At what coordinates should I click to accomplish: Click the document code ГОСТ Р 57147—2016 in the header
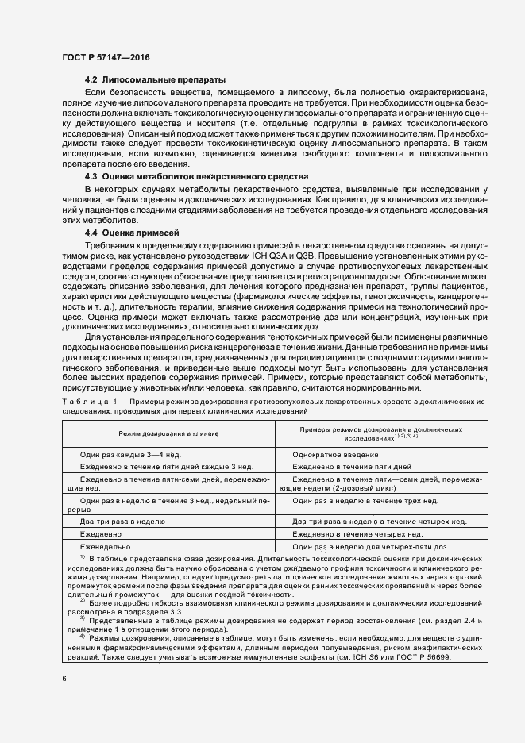coord(106,58)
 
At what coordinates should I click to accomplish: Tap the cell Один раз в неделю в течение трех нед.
coord(365,502)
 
